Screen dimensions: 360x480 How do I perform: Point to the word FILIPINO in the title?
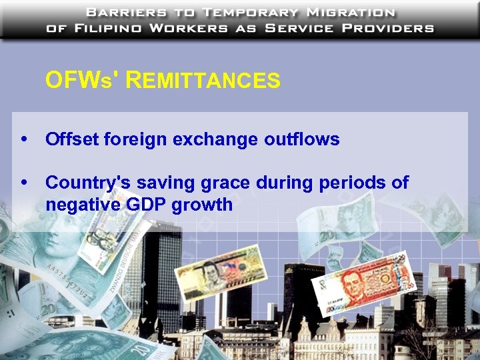tap(105, 29)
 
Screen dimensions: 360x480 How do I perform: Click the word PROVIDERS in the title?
tap(383, 29)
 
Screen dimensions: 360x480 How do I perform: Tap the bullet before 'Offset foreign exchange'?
tap(25, 140)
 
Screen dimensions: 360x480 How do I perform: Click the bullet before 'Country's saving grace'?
tap(25, 183)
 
